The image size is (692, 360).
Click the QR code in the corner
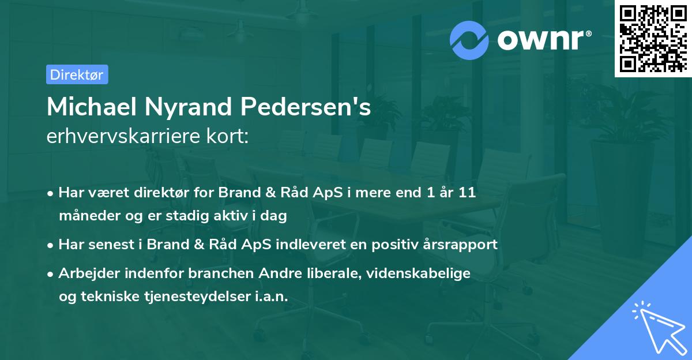(x=653, y=38)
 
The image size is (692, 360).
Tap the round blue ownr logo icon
(x=469, y=40)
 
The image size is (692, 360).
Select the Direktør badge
(x=77, y=74)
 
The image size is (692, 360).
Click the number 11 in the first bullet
(x=467, y=193)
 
